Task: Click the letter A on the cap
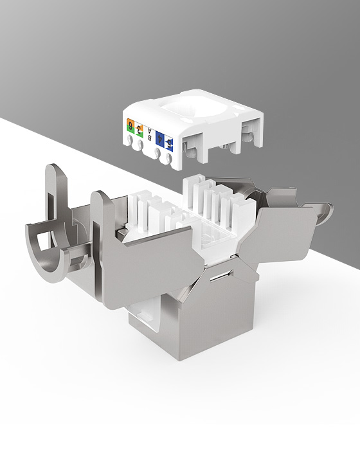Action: click(150, 130)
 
